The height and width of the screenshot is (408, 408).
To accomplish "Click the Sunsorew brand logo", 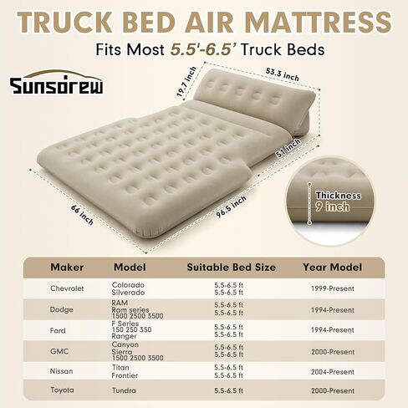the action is pos(57,82).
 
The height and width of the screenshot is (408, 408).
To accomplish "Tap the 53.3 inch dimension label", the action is pos(283,74).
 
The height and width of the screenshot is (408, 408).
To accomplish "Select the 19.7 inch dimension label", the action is pos(186,82).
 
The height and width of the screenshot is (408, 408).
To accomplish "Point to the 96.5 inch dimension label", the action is pos(232,207).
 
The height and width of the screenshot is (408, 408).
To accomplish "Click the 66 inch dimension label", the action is pos(82,215).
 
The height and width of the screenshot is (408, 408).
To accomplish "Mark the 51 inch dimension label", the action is pos(288,148).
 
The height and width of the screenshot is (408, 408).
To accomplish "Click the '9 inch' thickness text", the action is pos(332,207).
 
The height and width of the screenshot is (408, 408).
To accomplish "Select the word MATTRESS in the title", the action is pos(319,23).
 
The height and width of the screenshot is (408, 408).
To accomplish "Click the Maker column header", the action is pos(67,268).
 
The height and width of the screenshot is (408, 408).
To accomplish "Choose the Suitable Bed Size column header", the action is pos(232,268).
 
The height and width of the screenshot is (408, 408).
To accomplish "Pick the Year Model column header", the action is pos(333,268).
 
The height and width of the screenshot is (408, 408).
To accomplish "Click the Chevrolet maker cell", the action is pos(67,288).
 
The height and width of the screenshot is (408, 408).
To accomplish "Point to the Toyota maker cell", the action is pos(62,390).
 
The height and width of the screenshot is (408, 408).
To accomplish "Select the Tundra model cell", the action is pos(124,390).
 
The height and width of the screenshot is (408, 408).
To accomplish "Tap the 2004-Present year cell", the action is pos(333,372).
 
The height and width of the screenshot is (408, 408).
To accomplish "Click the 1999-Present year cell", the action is pos(333,288).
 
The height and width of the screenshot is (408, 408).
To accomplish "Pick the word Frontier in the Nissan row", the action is pos(125,375).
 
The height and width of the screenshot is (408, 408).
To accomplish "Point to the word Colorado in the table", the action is pos(128,285).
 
